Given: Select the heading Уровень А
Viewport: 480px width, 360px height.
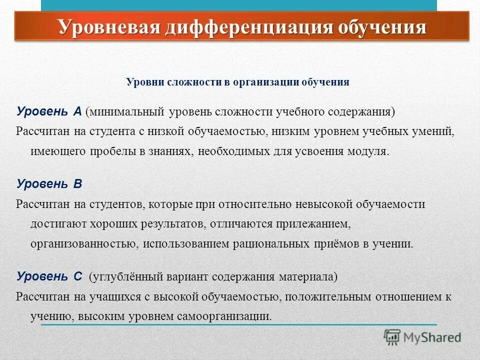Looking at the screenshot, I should [x=49, y=111].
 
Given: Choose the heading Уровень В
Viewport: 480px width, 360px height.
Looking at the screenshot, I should [x=49, y=183].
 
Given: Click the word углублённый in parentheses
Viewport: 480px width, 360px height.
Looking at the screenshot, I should [x=122, y=276].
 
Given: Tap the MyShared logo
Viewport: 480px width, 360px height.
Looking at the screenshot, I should [x=422, y=337].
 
